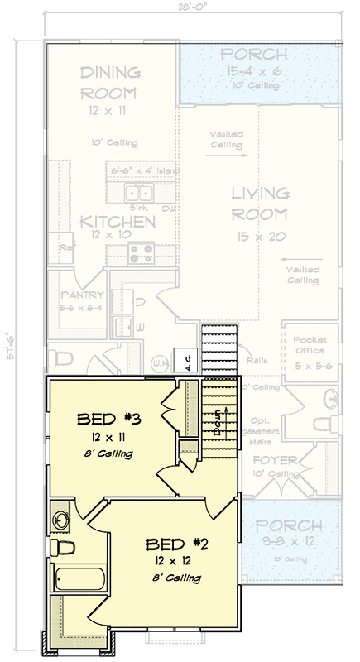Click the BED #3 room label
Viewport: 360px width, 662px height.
108,418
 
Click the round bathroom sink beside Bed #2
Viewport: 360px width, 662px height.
62,520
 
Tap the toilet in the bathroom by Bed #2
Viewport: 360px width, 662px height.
62,547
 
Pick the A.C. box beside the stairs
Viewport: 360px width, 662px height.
188,360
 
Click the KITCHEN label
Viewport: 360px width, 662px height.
118,222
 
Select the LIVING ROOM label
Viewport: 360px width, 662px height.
260,204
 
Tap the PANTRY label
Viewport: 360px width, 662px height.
82,295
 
